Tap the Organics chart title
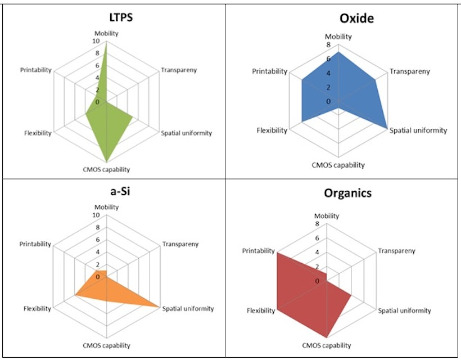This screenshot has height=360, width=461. click(347, 193)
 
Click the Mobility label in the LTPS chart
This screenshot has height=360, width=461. click(107, 33)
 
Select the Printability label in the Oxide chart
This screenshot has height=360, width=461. click(269, 71)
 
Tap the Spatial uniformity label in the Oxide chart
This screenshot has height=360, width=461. click(418, 130)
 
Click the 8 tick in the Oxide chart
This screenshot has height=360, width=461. click(328, 45)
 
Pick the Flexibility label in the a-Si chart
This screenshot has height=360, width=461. click(37, 308)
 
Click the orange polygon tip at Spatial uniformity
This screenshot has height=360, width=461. click(159, 307)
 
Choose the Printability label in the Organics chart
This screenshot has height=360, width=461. click(259, 251)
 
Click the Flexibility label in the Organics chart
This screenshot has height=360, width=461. click(260, 310)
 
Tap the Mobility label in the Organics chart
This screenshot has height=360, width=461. click(327, 216)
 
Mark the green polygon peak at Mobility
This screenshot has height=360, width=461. click(106, 42)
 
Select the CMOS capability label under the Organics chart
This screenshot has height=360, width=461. click(327, 345)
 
